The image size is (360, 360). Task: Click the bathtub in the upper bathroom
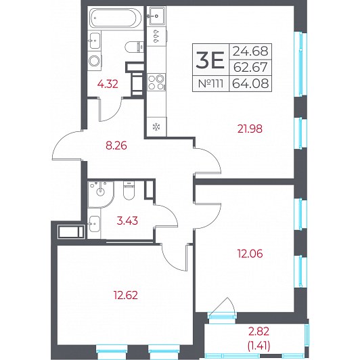[116, 18]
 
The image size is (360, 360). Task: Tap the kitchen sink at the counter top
[157, 16]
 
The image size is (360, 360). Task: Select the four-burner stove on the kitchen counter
[156, 82]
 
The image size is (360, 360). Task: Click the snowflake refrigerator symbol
[156, 127]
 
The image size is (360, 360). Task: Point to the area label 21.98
[250, 129]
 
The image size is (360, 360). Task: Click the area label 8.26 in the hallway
[116, 145]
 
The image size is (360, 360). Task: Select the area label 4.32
[108, 84]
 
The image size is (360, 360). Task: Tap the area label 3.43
[127, 221]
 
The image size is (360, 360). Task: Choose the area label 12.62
[126, 295]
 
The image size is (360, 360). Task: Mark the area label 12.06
[250, 254]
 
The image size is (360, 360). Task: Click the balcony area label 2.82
[258, 332]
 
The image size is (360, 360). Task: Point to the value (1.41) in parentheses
[258, 345]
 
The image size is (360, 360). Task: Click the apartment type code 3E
[210, 60]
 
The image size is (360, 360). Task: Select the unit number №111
[210, 83]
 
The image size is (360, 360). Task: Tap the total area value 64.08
[250, 83]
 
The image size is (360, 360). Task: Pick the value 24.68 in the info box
[250, 51]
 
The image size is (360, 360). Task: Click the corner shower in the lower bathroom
[100, 194]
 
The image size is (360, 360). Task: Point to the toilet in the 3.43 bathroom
[129, 190]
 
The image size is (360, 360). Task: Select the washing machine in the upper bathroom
[94, 61]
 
